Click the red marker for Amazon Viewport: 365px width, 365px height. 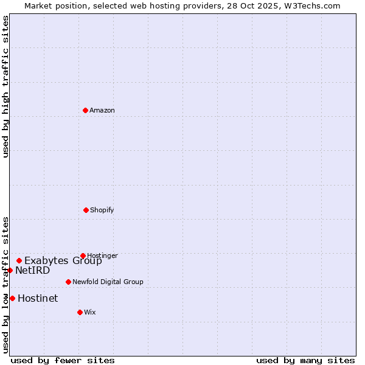85,110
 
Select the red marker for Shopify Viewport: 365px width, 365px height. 86,210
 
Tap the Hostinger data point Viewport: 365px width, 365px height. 83,255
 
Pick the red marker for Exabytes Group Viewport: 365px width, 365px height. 19,260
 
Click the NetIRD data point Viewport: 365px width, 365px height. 10,270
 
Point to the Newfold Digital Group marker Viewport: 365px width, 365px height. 68,282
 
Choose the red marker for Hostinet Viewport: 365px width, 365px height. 12,298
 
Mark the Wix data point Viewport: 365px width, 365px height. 80,312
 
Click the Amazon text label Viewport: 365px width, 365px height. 102,111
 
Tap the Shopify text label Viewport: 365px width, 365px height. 102,210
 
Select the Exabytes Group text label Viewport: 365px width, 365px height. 63,261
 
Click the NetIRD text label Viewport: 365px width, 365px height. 33,271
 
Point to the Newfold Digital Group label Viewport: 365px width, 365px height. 108,282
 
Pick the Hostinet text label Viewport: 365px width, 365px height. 38,299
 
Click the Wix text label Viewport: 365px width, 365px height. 90,313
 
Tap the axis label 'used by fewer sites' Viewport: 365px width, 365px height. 63,361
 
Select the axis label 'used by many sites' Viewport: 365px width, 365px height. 305,361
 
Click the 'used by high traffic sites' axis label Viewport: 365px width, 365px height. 5,86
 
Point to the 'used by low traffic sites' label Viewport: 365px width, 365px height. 5,285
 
